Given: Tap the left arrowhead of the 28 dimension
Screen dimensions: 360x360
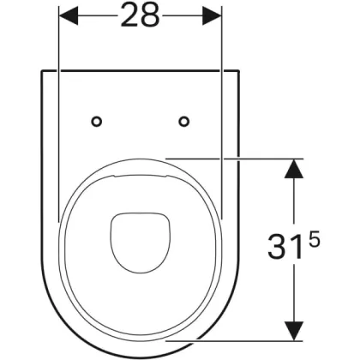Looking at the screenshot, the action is pos(68,16).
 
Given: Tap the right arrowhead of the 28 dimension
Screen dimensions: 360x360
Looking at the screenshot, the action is pos(212,16).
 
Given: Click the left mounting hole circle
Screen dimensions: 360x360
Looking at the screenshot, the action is pos(97,122).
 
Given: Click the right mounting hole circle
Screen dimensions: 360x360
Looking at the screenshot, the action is pos(184,122).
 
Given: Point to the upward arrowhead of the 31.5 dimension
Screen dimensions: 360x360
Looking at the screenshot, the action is pos(294,168).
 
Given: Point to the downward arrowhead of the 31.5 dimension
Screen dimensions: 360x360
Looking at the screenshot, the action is pos(294,331).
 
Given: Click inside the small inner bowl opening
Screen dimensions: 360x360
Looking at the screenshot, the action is pos(140,242).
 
